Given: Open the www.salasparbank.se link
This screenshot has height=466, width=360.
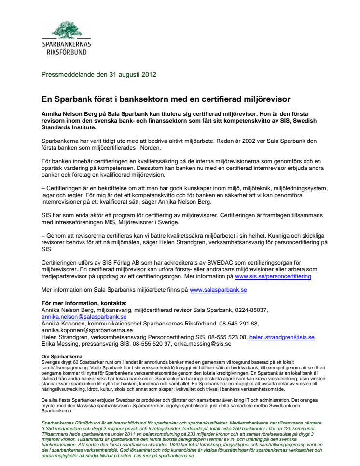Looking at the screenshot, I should [x=218, y=290].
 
